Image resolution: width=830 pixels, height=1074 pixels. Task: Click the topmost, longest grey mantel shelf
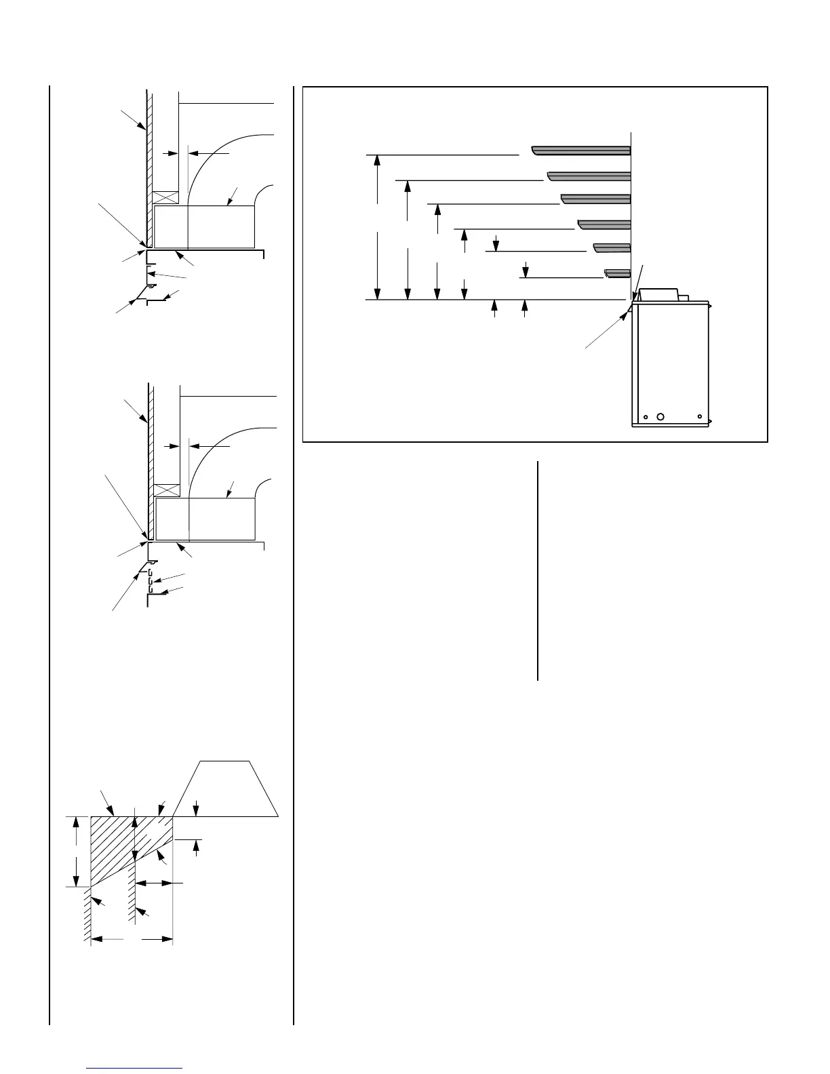pyautogui.click(x=581, y=150)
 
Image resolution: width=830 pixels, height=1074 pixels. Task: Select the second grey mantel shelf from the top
pyautogui.click(x=589, y=176)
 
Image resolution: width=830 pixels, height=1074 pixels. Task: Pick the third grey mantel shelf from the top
pyautogui.click(x=596, y=199)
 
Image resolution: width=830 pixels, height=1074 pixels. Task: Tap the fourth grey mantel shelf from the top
pyautogui.click(x=604, y=224)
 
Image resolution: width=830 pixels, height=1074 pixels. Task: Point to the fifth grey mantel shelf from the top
pyautogui.click(x=612, y=247)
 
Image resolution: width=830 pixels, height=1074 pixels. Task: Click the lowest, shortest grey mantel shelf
pyautogui.click(x=618, y=273)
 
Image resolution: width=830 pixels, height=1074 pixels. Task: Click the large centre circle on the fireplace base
pyautogui.click(x=662, y=417)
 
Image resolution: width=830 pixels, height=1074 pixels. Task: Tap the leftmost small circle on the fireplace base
pyautogui.click(x=646, y=417)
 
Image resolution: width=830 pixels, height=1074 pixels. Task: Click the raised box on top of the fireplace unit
pyautogui.click(x=658, y=294)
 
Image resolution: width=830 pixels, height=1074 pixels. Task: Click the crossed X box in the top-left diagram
pyautogui.click(x=165, y=197)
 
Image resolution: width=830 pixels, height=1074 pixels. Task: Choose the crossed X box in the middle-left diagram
pyautogui.click(x=167, y=490)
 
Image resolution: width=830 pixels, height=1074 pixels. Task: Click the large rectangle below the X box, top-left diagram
pyautogui.click(x=204, y=226)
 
